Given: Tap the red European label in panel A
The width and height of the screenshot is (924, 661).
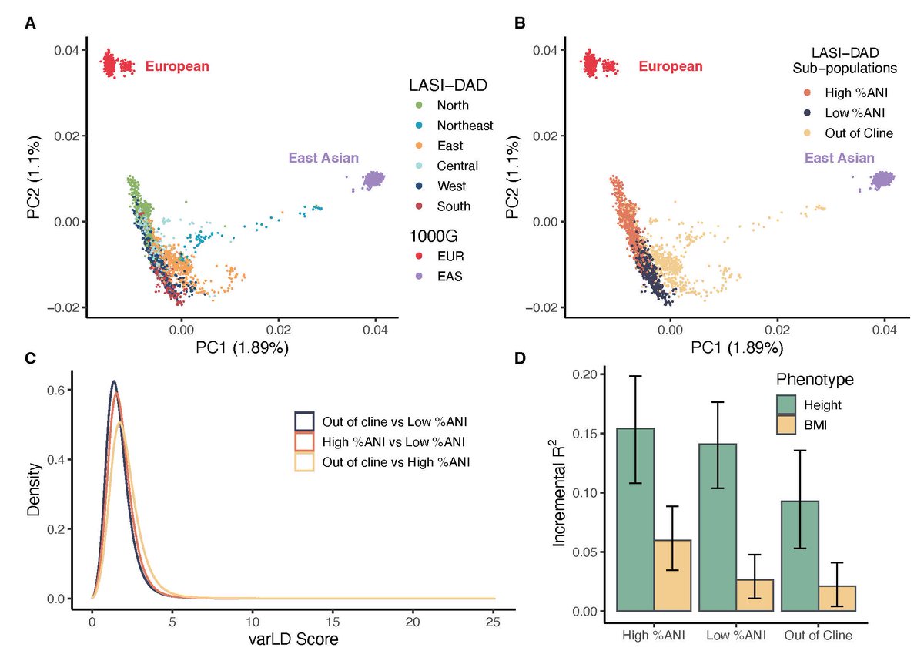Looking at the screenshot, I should point(177,67).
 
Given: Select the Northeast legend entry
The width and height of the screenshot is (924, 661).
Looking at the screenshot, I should point(464,126).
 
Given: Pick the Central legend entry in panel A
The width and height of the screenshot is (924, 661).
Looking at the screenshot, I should point(457,166).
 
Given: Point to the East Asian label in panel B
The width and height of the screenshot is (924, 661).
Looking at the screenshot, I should point(839,158).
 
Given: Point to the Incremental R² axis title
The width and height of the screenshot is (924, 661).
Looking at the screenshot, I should point(560,494).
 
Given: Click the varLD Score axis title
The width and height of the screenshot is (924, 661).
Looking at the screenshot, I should point(293,640).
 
